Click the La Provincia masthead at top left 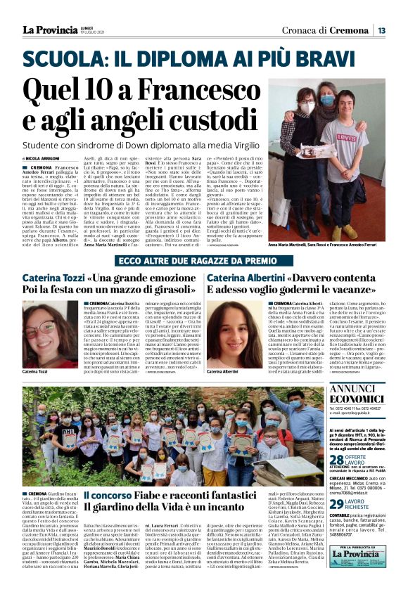[49, 30]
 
